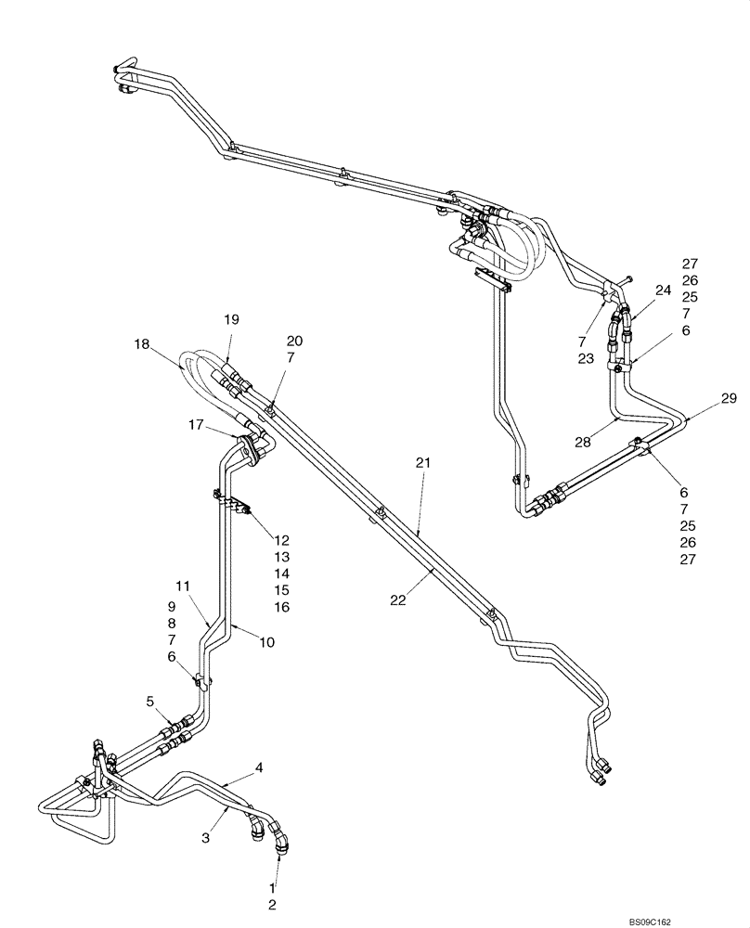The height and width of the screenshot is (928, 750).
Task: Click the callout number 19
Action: pos(231,319)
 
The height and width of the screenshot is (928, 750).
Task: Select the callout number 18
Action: pos(141,343)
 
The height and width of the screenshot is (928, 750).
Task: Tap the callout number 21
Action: pos(422,462)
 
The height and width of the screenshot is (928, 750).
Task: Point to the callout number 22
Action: pos(398,600)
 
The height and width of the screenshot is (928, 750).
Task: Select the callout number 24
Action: pos(662,290)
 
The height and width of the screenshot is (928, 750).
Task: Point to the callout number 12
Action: pos(282,540)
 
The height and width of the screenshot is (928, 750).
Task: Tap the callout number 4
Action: pos(260,767)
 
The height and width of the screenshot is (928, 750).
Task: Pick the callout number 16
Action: pos(282,607)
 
